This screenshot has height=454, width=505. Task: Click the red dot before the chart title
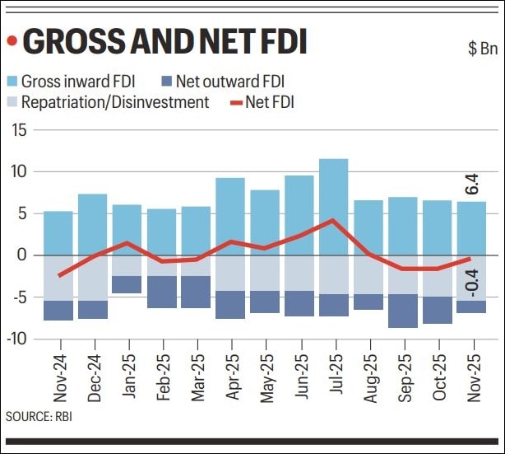12,39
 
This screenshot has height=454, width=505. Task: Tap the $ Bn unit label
482,49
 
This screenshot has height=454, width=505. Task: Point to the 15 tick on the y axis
18,130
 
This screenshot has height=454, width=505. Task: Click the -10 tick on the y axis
16,339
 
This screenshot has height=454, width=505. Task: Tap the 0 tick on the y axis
23,255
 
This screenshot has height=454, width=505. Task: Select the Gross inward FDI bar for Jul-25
333,206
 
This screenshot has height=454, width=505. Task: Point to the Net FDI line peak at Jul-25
331,221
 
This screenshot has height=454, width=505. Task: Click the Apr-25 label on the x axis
233,378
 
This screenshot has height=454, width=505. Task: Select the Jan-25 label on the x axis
128,378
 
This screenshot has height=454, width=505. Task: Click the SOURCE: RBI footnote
39,416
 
